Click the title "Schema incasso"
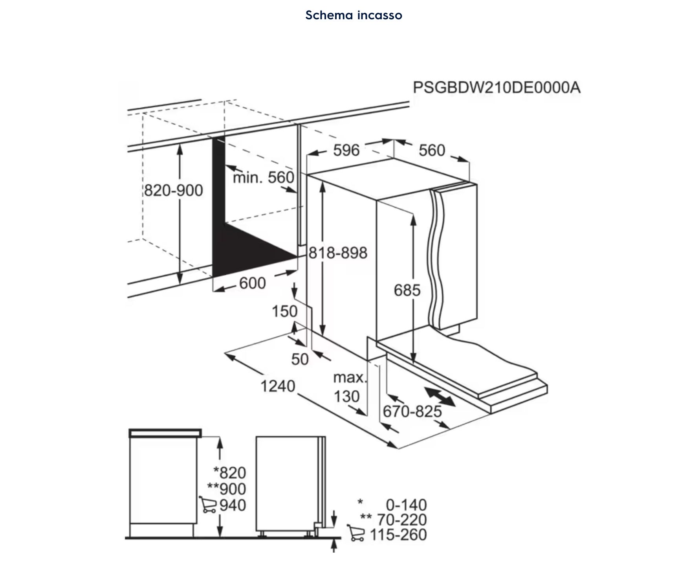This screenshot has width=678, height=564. (x=354, y=15)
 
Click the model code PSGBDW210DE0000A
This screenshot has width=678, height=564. (x=497, y=87)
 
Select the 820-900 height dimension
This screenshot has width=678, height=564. (x=173, y=190)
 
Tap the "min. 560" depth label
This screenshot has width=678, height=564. (x=264, y=177)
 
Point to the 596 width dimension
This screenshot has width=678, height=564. (x=346, y=150)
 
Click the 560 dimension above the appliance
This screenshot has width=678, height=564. (x=432, y=150)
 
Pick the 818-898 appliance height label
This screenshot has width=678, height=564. (x=338, y=253)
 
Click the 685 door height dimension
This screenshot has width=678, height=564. (x=407, y=290)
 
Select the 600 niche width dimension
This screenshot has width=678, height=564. (x=252, y=283)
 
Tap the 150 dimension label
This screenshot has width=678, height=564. (x=284, y=311)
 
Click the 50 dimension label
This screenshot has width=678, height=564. (x=300, y=359)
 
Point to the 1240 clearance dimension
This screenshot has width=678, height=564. (x=278, y=386)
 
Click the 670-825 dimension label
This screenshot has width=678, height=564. (x=412, y=412)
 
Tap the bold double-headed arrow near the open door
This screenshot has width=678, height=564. (x=440, y=396)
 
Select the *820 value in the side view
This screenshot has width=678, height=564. (x=229, y=472)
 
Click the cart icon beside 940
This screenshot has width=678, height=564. (x=208, y=505)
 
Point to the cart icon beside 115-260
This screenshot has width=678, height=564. (x=356, y=533)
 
